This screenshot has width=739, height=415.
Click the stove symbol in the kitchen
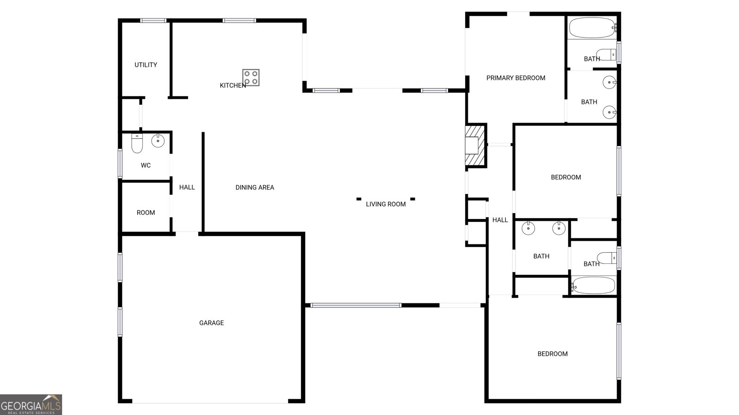coord(251,77)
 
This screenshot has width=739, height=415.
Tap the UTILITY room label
coord(145,65)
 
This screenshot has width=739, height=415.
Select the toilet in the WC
coord(137,143)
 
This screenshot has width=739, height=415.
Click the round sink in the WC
coord(158,141)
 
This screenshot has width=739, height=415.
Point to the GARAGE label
coord(212,323)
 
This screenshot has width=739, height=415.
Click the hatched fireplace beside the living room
coord(475,146)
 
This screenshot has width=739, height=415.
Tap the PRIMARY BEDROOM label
coord(515,78)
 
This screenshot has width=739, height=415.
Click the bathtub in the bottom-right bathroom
coord(593,285)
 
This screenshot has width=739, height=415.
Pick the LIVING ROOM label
coord(386,204)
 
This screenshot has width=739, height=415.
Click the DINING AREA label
coord(254,187)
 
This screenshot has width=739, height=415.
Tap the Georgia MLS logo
coord(31,404)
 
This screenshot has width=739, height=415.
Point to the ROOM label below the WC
coord(145,213)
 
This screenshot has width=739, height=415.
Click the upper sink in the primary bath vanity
coord(609,82)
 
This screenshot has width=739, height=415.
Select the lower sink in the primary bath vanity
coord(609,113)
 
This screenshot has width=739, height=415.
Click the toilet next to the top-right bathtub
coord(606,54)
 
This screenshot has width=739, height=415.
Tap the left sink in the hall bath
coord(528,228)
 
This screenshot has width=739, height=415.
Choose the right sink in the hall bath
coord(559,228)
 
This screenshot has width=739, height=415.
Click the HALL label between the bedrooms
coord(500,220)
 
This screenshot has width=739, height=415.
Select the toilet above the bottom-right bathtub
coord(607,258)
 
